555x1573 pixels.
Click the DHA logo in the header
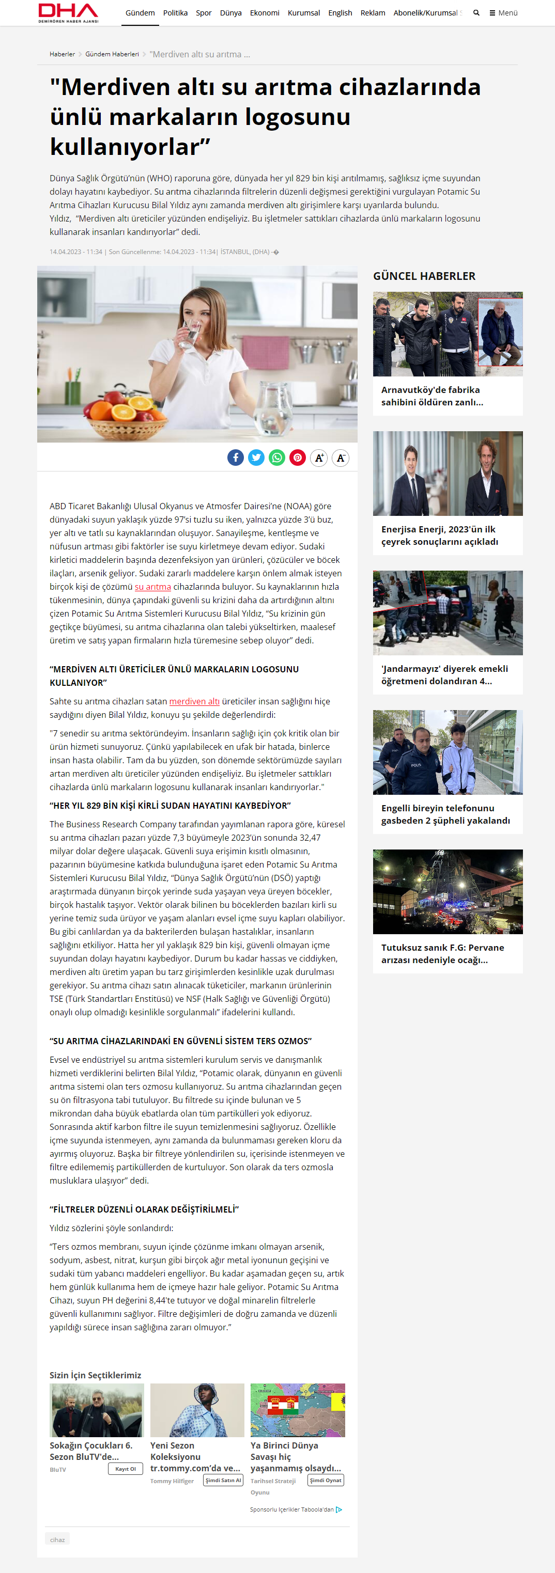pos(68,13)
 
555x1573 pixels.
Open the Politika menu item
pos(175,13)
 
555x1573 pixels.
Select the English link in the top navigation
pos(340,13)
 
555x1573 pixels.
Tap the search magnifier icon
pos(476,13)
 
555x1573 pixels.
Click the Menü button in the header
pos(504,13)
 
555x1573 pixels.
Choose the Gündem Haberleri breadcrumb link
pos(112,54)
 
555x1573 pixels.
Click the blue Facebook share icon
pos(235,458)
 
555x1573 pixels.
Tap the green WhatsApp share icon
pos(277,458)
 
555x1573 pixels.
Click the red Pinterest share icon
pos(298,458)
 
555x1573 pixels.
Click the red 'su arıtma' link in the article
pos(153,587)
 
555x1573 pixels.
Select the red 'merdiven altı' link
pos(194,702)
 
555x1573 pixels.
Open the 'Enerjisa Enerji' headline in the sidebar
pos(439,536)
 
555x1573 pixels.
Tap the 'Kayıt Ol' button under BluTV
pos(125,1469)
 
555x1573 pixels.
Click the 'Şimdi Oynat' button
pos(326,1480)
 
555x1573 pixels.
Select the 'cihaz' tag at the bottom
pos(57,1539)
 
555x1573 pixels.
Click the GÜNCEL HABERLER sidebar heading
pos(424,276)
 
